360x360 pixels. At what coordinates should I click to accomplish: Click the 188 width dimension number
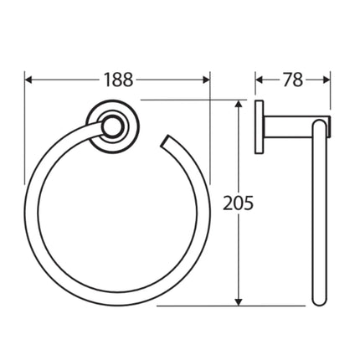[x=119, y=80]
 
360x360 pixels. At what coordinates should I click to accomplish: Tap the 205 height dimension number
[x=239, y=202]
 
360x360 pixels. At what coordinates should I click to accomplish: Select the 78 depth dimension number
[x=292, y=80]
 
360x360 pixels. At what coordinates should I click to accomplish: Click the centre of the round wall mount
[x=111, y=126]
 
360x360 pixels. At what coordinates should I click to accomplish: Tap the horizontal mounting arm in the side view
[x=293, y=126]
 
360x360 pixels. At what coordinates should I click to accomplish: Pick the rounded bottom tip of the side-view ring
[x=319, y=299]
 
